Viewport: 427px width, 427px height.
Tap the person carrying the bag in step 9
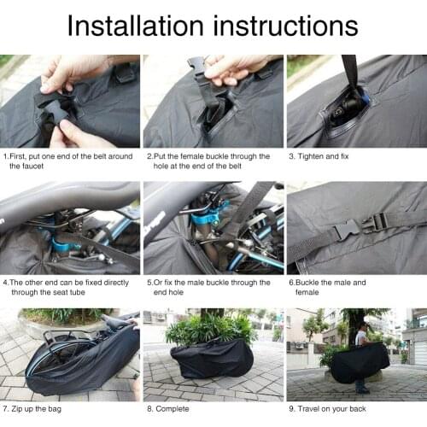pos(361,350)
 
